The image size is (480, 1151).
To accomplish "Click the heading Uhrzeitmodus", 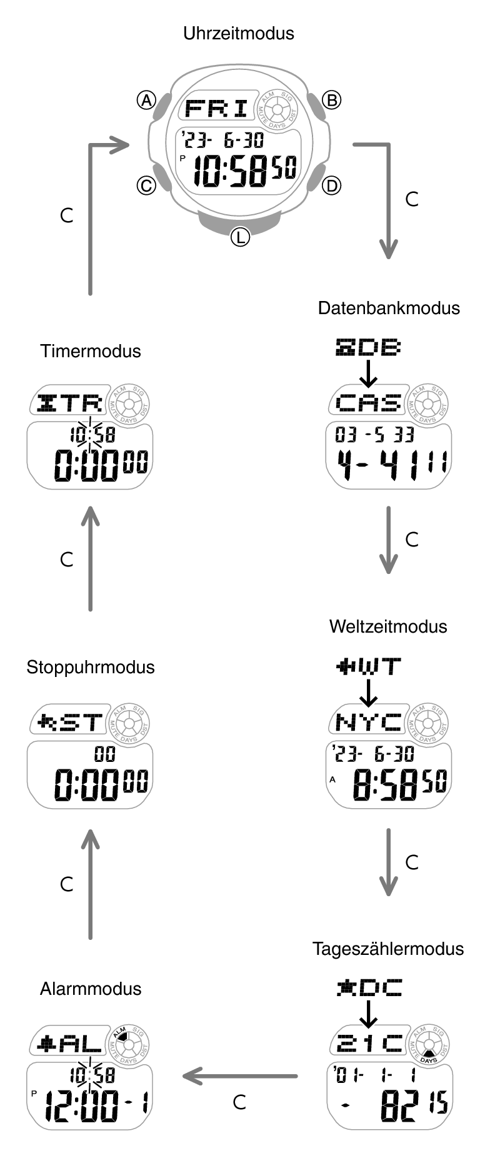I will [239, 33].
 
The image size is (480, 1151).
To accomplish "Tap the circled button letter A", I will [146, 100].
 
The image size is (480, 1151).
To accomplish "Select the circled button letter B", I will [331, 100].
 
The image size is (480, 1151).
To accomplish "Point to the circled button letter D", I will [331, 185].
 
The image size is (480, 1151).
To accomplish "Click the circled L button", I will [240, 236].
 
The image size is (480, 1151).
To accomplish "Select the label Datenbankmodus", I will [389, 308].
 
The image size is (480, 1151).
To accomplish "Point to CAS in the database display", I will [368, 403].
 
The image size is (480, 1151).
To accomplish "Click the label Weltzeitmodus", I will [388, 626].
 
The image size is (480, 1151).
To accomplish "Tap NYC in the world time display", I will [368, 723].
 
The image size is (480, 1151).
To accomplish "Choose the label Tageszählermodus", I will [388, 949].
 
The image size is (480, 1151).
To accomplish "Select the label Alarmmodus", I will [91, 989].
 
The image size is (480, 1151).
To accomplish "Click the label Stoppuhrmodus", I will [91, 667].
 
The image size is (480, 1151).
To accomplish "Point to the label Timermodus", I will [91, 351].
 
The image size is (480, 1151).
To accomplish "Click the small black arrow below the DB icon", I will [369, 373].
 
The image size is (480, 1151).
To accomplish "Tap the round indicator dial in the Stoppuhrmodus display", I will [129, 723].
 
